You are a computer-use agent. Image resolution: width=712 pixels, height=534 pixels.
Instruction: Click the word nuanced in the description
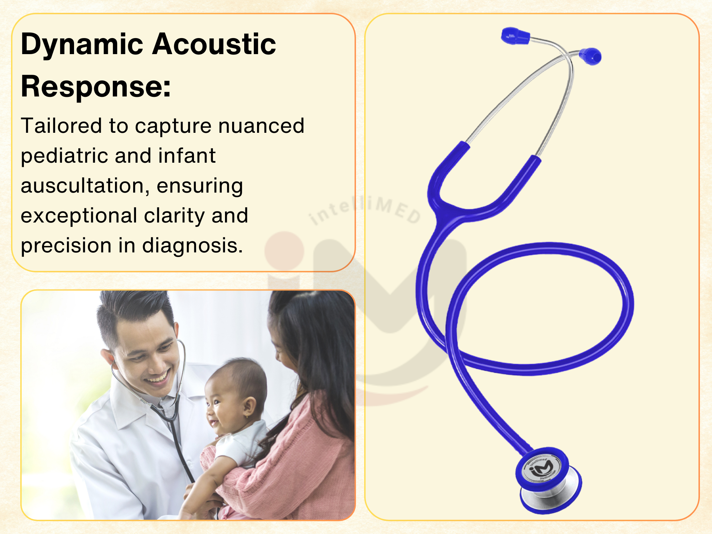pos(261,126)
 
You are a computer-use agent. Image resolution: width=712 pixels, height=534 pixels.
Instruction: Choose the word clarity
pos(173,216)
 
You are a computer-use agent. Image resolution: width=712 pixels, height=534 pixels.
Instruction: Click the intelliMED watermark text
pos(365,210)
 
